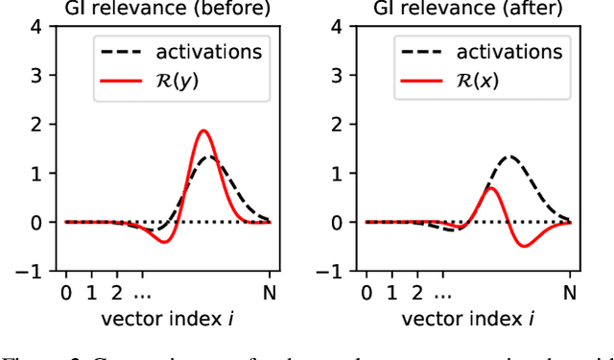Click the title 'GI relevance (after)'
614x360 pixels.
468,9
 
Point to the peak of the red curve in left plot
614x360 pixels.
203,131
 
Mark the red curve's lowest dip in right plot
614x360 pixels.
525,246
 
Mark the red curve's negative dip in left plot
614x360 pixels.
164,241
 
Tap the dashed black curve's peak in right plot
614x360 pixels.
510,156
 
